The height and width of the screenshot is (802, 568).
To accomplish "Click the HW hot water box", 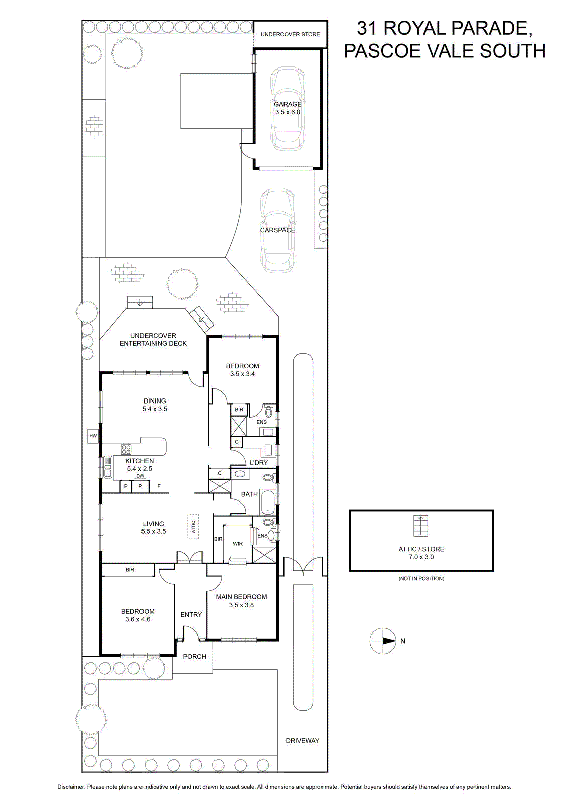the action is (x=93, y=436).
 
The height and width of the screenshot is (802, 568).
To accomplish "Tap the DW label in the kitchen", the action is (x=140, y=476).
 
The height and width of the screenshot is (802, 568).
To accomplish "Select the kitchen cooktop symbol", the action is (x=126, y=449).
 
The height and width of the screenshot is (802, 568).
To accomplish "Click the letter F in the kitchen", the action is (x=159, y=486).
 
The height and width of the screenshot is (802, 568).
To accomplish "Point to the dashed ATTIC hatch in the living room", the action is (x=193, y=526).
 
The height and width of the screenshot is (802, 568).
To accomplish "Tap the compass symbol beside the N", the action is (x=383, y=641).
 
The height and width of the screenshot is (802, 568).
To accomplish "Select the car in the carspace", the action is (x=278, y=231).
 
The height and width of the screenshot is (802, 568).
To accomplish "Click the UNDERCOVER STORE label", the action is (x=290, y=35).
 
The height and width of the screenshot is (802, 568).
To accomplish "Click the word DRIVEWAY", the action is (x=302, y=741).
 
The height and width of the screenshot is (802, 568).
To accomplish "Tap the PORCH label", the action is (x=194, y=656).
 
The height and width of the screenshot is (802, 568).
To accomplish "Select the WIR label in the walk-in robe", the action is (x=238, y=543).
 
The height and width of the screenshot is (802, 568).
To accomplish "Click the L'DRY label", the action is (x=259, y=463).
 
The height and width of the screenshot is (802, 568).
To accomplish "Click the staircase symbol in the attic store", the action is (x=420, y=526).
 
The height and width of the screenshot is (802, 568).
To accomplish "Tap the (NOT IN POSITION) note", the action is (x=421, y=578).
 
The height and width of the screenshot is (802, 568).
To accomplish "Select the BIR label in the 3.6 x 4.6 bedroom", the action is (x=130, y=569).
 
